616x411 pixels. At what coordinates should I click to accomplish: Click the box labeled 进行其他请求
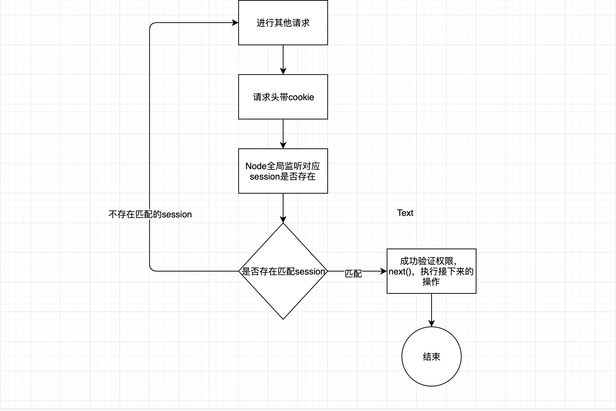(x=283, y=23)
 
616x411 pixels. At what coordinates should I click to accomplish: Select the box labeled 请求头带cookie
(x=283, y=97)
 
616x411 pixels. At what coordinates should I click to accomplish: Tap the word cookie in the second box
(x=301, y=97)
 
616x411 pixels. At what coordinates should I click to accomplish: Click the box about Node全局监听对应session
(x=283, y=171)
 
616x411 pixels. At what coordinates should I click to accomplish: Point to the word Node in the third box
(x=256, y=166)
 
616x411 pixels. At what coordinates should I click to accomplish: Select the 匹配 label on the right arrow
(x=353, y=273)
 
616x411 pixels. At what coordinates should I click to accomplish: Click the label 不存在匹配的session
(x=150, y=214)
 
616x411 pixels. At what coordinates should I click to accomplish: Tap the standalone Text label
(x=405, y=213)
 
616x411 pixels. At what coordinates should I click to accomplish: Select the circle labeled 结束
(x=431, y=356)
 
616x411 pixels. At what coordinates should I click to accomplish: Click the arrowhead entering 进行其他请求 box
(x=235, y=23)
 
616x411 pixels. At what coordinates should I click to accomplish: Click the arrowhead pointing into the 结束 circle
(x=431, y=323)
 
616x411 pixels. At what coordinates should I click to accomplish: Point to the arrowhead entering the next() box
(x=384, y=271)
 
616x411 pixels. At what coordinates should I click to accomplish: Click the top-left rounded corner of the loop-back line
(x=151, y=24)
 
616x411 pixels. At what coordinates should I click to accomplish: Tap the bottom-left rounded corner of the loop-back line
(x=151, y=269)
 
